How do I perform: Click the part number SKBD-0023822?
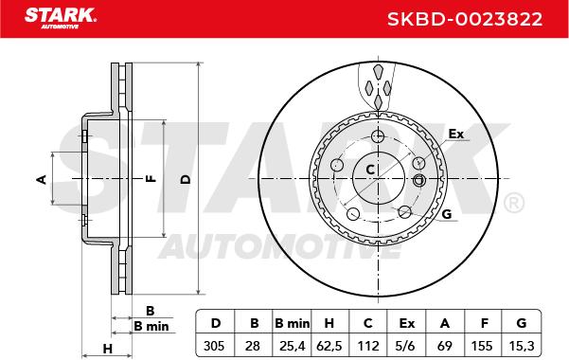(x=465, y=19)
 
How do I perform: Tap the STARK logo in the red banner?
(x=61, y=18)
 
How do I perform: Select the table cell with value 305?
(x=214, y=346)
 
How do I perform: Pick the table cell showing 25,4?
(x=293, y=346)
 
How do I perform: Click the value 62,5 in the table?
(x=329, y=346)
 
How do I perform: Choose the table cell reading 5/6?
(x=406, y=346)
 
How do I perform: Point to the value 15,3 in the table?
(x=522, y=346)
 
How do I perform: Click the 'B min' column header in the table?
(x=293, y=323)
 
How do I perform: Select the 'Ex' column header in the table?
(x=406, y=323)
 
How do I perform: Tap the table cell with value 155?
(x=482, y=346)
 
